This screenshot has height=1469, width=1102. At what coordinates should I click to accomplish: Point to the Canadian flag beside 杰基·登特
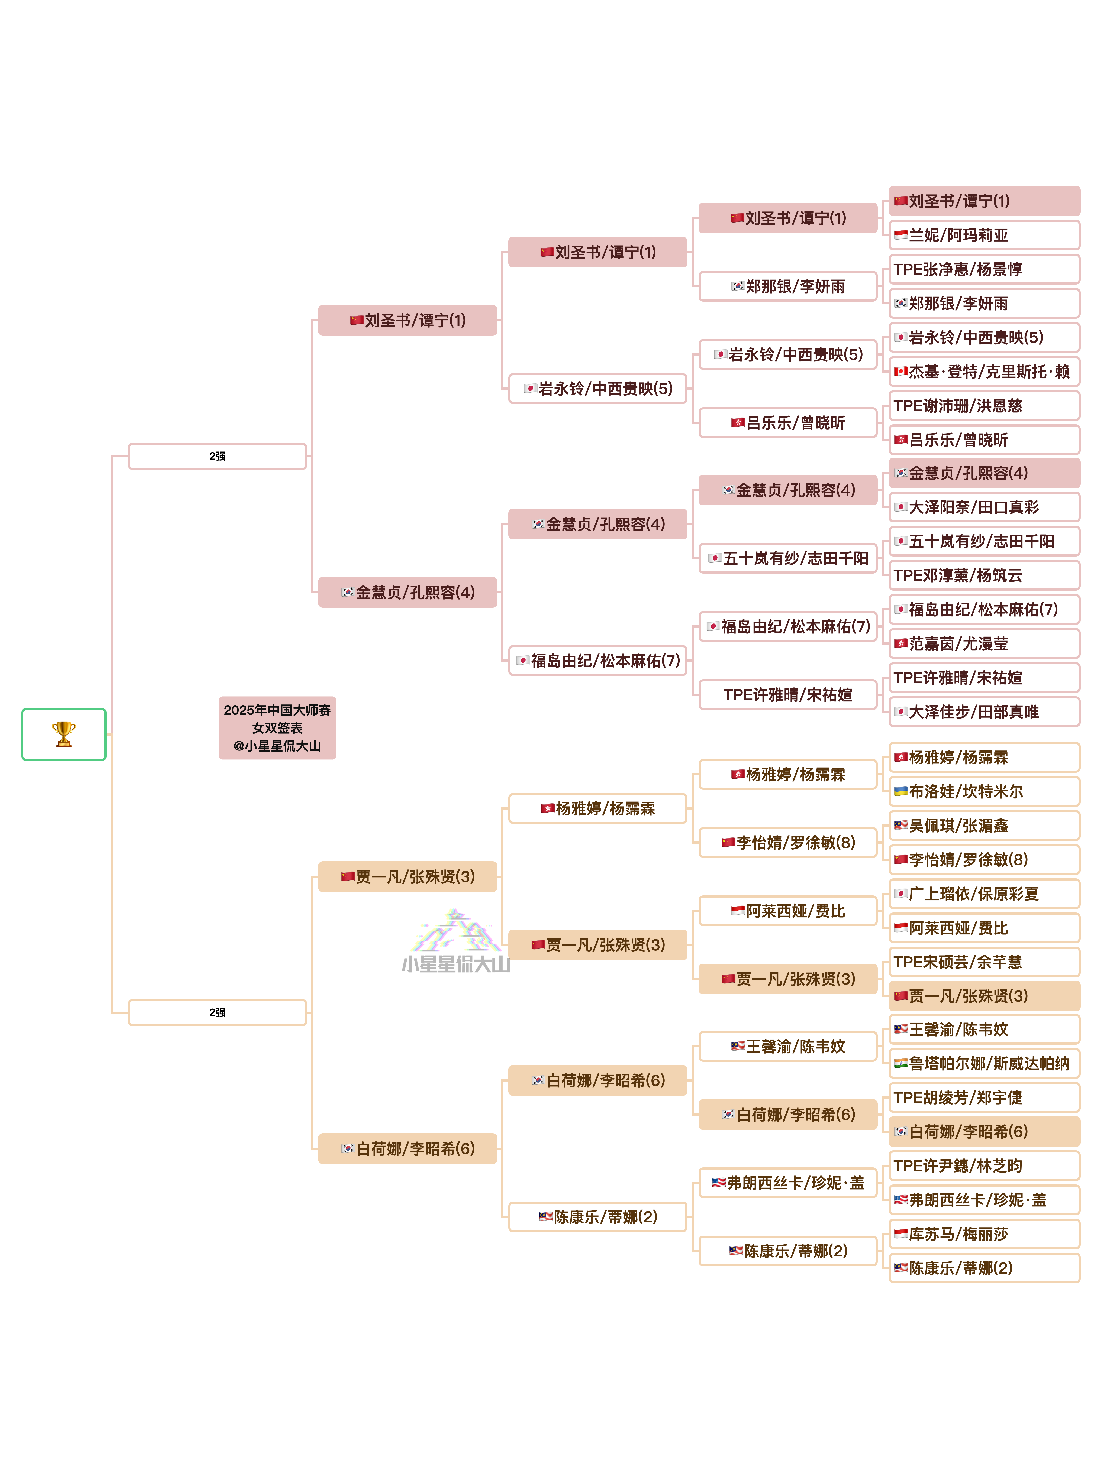click(x=901, y=371)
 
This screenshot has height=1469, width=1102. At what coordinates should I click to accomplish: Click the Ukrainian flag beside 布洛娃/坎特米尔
click(x=901, y=791)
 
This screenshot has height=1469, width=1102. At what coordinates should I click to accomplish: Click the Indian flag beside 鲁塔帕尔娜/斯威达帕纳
click(x=901, y=1063)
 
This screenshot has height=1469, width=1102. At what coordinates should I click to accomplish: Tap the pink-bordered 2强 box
click(x=217, y=456)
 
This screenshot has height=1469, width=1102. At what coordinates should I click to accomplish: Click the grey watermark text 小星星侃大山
click(x=456, y=964)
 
